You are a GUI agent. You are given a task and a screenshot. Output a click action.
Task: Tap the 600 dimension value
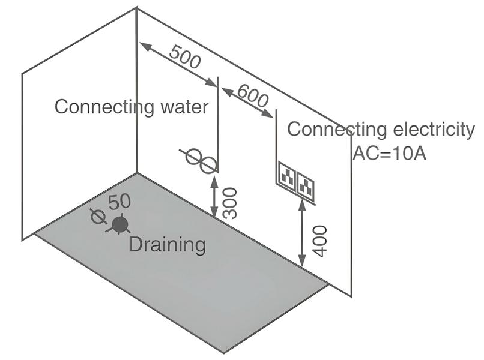click(x=253, y=95)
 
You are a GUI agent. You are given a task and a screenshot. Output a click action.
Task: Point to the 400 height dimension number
click(x=320, y=241)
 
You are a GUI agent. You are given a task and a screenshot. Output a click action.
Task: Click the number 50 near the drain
click(x=119, y=203)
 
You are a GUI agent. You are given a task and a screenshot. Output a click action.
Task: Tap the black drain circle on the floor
click(x=121, y=224)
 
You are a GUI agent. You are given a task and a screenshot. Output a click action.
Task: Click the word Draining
click(x=168, y=244)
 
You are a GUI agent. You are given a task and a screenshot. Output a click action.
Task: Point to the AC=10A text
click(x=389, y=153)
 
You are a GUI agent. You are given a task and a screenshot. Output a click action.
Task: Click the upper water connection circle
click(x=193, y=157)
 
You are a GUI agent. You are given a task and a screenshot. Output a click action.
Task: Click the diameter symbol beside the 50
click(x=96, y=216)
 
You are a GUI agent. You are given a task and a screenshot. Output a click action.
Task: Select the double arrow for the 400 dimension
click(x=301, y=233)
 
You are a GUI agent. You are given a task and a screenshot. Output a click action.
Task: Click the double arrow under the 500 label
click(x=178, y=64)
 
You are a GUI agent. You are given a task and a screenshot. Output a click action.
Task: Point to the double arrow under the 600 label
click(x=249, y=103)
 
